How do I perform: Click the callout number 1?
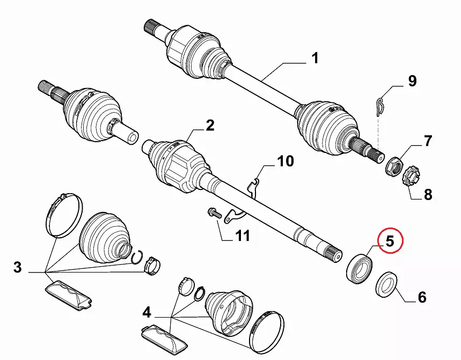(314, 58)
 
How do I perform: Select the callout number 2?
(209, 126)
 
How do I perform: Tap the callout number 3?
(18, 268)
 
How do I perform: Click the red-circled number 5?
(390, 241)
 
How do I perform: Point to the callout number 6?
(422, 297)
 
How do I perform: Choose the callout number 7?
(427, 142)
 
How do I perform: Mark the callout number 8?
(428, 194)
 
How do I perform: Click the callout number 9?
(412, 82)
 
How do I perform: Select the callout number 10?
(286, 160)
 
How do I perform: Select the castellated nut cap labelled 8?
(411, 177)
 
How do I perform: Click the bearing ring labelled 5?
(358, 266)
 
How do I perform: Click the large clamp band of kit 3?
(63, 215)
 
